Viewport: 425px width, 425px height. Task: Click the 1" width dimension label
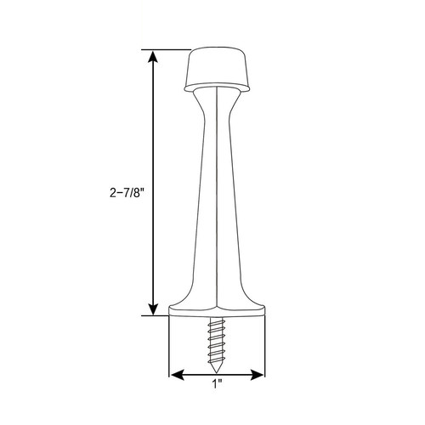pyautogui.click(x=217, y=384)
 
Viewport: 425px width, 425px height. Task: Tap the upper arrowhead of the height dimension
pyautogui.click(x=153, y=56)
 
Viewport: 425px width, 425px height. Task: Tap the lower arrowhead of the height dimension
pyautogui.click(x=153, y=309)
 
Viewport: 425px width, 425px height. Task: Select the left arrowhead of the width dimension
pyautogui.click(x=178, y=375)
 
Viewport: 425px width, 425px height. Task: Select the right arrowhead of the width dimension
pyautogui.click(x=257, y=375)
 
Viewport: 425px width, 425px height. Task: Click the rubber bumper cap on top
pyautogui.click(x=217, y=69)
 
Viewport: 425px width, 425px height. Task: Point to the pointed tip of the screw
pyautogui.click(x=217, y=371)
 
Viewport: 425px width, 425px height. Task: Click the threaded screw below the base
pyautogui.click(x=217, y=345)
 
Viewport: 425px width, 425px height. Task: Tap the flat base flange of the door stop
pyautogui.click(x=217, y=311)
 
